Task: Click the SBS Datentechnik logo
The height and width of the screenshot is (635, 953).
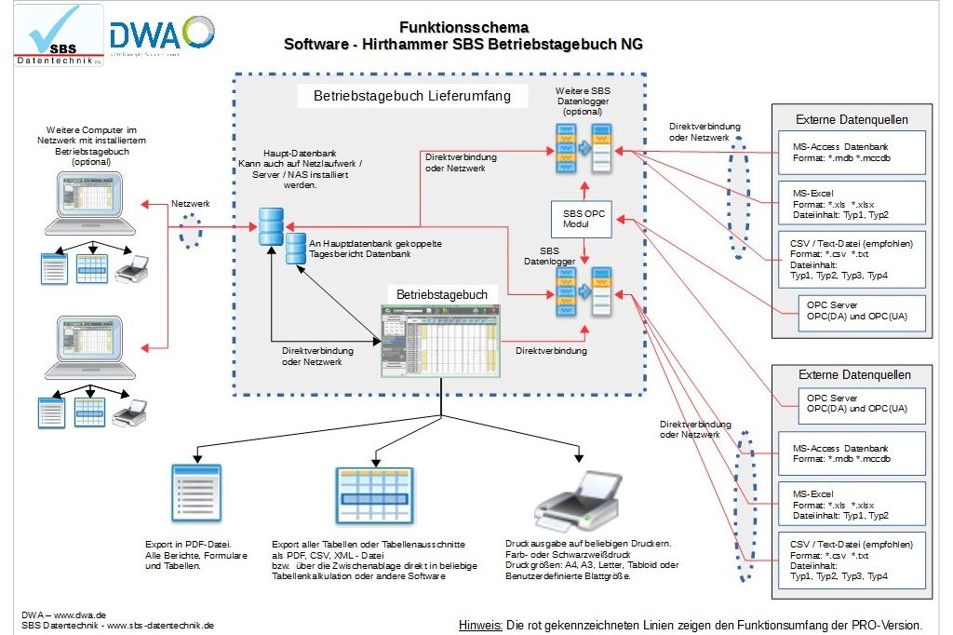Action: (53, 34)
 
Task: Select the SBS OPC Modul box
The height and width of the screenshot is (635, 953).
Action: (584, 220)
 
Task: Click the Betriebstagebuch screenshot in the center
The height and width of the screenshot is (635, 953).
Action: (442, 340)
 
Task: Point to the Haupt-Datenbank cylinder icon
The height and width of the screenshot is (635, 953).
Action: (272, 227)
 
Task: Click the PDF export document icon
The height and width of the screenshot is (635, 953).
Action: (196, 493)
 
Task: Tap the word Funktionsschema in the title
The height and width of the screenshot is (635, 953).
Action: (463, 27)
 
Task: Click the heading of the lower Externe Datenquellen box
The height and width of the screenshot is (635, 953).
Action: (852, 374)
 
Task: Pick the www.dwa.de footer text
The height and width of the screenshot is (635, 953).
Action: (63, 615)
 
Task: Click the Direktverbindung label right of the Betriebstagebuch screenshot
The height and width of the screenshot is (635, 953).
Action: (551, 351)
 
